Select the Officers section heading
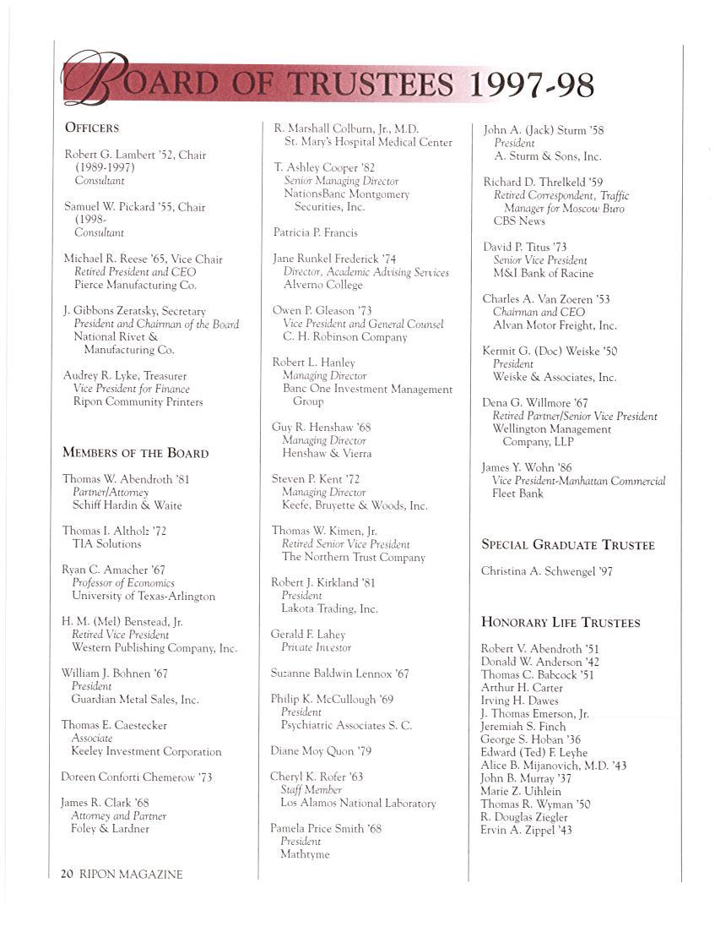click(x=92, y=128)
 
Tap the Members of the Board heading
click(x=135, y=453)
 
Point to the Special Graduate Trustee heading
click(x=567, y=545)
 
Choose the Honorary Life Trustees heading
click(x=560, y=623)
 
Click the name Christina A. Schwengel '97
click(x=546, y=571)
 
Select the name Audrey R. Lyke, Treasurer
click(x=125, y=375)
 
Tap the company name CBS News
click(x=519, y=221)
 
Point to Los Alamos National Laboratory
click(x=358, y=803)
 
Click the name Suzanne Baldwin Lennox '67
click(x=339, y=673)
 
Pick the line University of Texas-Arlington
click(x=144, y=596)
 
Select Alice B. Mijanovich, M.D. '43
click(x=553, y=765)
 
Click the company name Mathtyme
click(x=305, y=854)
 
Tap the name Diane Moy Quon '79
click(x=321, y=750)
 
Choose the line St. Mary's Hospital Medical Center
click(x=368, y=142)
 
